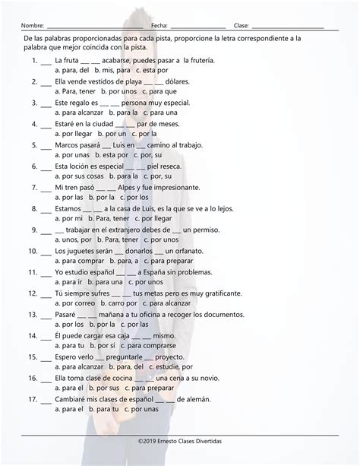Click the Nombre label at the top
coord(34,26)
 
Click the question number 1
coord(34,59)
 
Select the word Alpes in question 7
coord(131,186)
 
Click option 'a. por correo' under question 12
coord(76,303)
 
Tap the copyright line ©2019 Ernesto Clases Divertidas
coord(180,440)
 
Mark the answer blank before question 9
coord(46,229)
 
